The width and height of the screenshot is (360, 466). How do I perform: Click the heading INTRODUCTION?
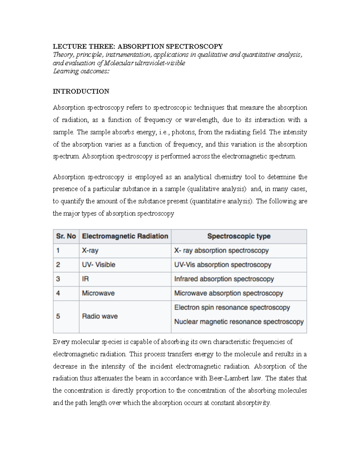81,92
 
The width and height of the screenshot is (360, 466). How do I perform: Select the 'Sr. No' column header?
66,236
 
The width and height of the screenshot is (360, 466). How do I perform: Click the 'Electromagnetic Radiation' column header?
125,236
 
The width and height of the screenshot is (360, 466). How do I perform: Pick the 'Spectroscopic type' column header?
239,236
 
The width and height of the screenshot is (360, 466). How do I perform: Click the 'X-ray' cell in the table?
90,251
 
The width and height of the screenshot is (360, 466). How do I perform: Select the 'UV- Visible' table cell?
99,265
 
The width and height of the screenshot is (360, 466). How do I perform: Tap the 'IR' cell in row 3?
85,279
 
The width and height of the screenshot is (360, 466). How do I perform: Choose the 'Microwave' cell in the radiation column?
98,293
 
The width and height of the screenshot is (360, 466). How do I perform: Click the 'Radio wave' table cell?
100,316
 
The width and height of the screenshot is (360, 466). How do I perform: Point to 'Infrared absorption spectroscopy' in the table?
224,279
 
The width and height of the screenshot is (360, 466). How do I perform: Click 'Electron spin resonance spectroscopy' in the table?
232,308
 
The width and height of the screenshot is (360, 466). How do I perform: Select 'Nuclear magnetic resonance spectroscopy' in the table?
239,322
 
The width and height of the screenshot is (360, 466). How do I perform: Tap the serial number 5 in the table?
58,316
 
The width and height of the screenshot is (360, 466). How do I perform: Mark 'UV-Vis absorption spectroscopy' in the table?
223,265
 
